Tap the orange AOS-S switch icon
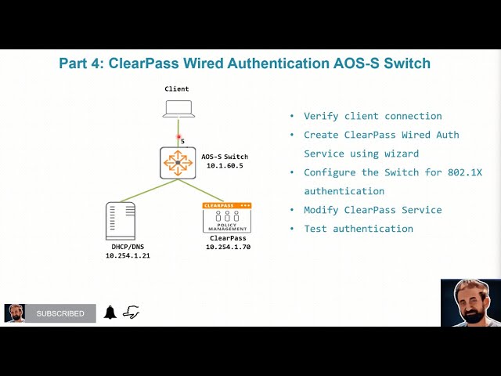click(178, 162)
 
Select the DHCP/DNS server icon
click(120, 220)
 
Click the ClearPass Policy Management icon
click(227, 217)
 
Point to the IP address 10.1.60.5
click(224, 166)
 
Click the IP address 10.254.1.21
click(128, 256)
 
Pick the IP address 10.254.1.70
click(229, 247)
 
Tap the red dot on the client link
click(178, 136)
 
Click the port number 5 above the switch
click(182, 142)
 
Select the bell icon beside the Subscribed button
click(110, 313)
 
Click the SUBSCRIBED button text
click(60, 313)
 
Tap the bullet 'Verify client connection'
click(373, 116)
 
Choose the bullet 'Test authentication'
click(359, 229)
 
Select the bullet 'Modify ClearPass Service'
click(373, 210)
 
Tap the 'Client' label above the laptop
click(177, 89)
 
